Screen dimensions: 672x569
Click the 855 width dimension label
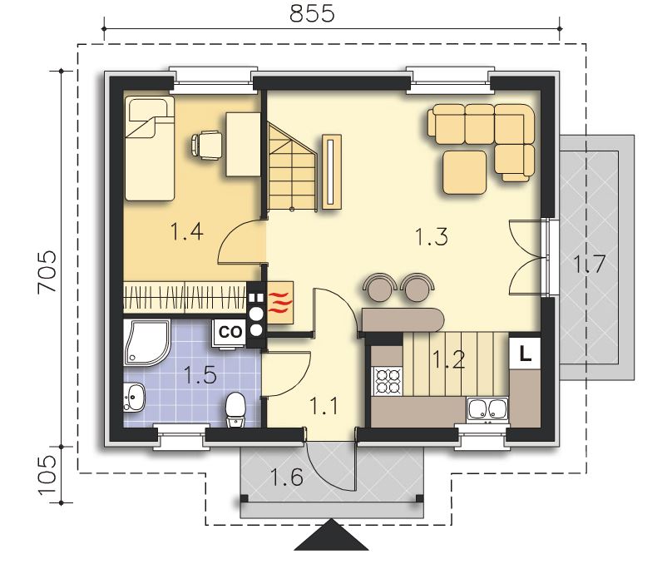(x=312, y=13)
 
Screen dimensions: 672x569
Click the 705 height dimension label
(x=47, y=271)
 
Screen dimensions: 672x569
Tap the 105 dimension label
(x=47, y=475)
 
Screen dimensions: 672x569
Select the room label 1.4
(x=186, y=231)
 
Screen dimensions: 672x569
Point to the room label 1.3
(x=432, y=237)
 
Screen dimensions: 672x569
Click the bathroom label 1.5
(x=200, y=375)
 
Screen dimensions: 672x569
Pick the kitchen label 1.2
(x=448, y=359)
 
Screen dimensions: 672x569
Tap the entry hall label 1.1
(x=324, y=406)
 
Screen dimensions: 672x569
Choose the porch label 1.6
(x=287, y=477)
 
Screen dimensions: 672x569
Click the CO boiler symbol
(x=230, y=332)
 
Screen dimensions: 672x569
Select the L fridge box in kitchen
(x=525, y=354)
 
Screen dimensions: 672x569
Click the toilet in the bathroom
(x=235, y=409)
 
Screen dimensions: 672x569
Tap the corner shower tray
(x=147, y=343)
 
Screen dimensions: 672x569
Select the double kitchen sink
(x=487, y=409)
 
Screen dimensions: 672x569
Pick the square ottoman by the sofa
(x=465, y=171)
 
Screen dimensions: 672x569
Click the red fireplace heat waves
(x=280, y=302)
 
